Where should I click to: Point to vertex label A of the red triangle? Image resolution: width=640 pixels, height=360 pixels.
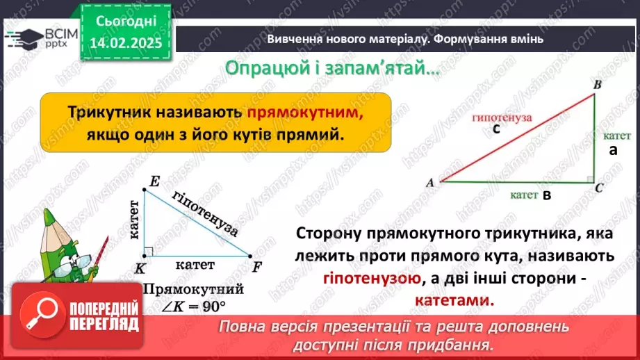coord(429,183)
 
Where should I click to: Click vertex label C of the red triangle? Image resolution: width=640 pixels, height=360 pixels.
coord(599,187)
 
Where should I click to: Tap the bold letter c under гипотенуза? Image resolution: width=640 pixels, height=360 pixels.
coord(496,129)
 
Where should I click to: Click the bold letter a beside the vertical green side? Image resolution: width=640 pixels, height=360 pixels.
coord(613,150)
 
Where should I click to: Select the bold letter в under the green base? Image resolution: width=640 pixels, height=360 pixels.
coord(547,196)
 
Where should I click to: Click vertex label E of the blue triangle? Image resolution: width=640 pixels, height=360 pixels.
coord(154,182)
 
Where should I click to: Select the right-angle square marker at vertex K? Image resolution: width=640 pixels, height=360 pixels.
coord(148,252)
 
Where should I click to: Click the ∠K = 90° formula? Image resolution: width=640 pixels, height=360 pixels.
coord(193,306)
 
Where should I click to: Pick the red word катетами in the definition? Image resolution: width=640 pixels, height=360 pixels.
coord(454,302)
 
